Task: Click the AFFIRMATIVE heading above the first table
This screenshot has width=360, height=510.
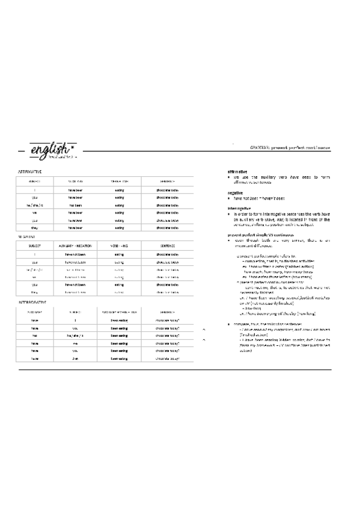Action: pyautogui.click(x=30, y=171)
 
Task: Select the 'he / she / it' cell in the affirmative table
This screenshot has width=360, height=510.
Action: pyautogui.click(x=35, y=204)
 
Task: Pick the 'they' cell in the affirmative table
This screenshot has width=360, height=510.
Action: pyautogui.click(x=35, y=228)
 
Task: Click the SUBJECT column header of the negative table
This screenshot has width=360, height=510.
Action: pyautogui.click(x=35, y=246)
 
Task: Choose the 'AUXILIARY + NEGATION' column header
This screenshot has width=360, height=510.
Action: pyautogui.click(x=76, y=246)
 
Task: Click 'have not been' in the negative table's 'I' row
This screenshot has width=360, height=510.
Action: pyautogui.click(x=76, y=254)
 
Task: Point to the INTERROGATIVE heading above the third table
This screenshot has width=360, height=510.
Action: pyautogui.click(x=34, y=301)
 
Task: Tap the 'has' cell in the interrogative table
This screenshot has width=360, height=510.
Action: pyautogui.click(x=35, y=336)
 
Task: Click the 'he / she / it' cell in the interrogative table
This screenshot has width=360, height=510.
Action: pyautogui.click(x=76, y=336)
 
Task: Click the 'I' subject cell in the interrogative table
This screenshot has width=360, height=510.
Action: pyautogui.click(x=76, y=321)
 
